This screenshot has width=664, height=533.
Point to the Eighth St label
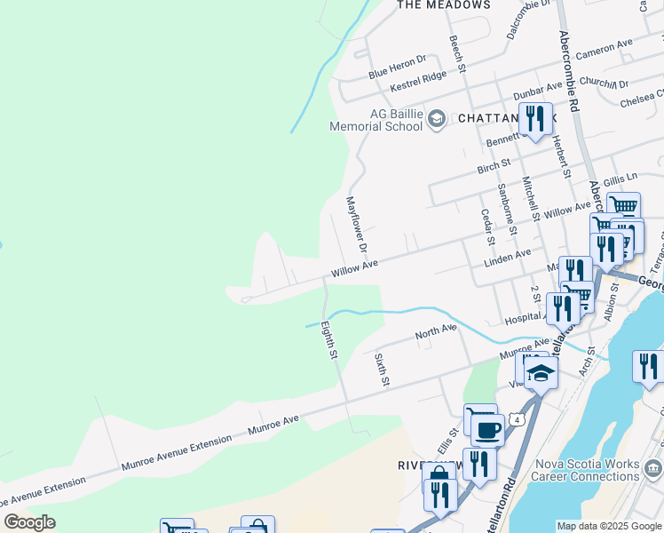point(328,340)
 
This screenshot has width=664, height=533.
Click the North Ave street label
point(436,333)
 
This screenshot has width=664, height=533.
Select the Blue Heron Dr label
point(398,66)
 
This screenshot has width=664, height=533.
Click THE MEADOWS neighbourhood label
point(443,5)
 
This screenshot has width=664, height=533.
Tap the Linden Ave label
point(507,259)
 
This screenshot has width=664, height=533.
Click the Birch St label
point(494,165)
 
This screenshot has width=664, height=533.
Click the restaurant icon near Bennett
point(534,119)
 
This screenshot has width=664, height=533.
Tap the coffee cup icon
point(486,430)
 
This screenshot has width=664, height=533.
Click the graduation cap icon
point(540,374)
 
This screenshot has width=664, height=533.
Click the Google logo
point(30,522)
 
